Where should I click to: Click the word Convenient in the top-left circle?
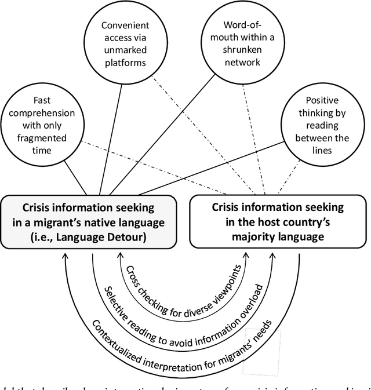click(126, 25)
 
